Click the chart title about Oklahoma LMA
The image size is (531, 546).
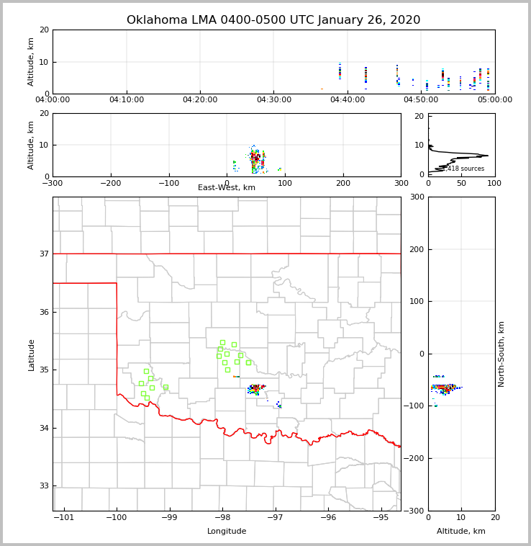(273, 20)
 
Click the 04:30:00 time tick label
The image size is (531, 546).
(274, 100)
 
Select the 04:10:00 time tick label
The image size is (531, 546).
(127, 100)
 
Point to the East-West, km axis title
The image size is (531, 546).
(227, 188)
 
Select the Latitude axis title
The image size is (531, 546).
(32, 354)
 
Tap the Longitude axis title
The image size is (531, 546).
(227, 532)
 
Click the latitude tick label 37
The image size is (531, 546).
(43, 254)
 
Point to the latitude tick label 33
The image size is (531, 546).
(43, 485)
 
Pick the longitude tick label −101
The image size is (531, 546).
(64, 518)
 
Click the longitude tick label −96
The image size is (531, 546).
(328, 518)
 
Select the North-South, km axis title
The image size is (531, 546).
(501, 354)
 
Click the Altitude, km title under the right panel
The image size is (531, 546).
(461, 532)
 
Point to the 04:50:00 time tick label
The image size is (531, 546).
(422, 100)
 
